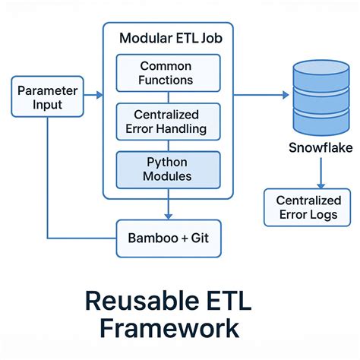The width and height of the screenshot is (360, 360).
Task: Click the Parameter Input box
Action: (x=47, y=96)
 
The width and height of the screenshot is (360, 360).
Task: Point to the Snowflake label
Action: (x=321, y=148)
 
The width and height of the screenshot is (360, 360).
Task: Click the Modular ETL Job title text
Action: (x=167, y=37)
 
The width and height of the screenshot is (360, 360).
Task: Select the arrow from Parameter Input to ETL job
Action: (x=93, y=96)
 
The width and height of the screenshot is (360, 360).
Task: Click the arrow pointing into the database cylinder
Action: (x=262, y=95)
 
